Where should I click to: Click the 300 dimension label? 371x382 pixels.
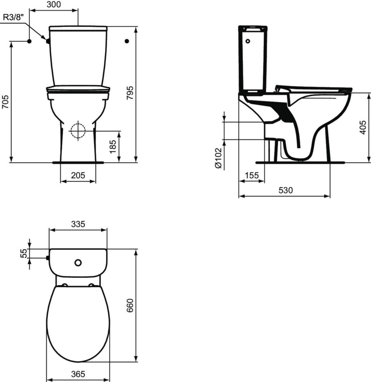[x=53, y=4]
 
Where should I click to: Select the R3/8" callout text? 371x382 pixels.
[x=14, y=18]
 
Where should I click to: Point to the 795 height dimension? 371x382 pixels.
[x=130, y=93]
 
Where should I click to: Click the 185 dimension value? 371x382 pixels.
[x=113, y=146]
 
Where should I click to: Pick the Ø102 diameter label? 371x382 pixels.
[x=218, y=158]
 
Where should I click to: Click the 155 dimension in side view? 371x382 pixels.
[x=251, y=175]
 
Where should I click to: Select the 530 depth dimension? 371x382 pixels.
[x=285, y=190]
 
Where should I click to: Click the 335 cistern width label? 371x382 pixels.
[x=78, y=224]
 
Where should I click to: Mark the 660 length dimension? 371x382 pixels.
[x=130, y=306]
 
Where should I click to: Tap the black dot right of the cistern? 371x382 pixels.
[x=127, y=41]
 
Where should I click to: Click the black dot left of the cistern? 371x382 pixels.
[x=29, y=41]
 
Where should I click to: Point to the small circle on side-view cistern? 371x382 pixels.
[x=248, y=41]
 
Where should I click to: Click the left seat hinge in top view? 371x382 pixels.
[x=65, y=285]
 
